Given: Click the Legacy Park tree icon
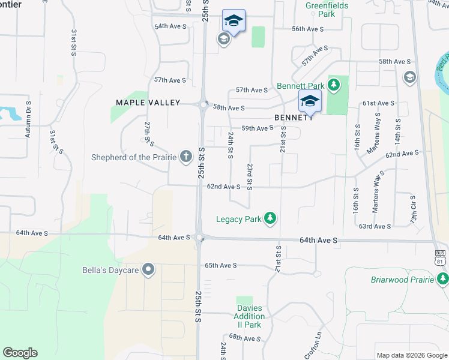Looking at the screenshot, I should click(x=270, y=218).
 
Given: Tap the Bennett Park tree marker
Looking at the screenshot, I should click(x=334, y=85).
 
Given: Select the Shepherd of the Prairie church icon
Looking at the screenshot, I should click(x=186, y=157).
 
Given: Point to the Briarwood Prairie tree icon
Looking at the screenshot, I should click(x=443, y=279).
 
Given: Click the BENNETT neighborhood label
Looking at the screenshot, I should click(x=294, y=118).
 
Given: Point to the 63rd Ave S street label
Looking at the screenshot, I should click(x=375, y=226).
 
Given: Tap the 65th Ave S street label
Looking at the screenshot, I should click(x=221, y=265).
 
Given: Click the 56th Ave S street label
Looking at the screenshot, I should click(x=308, y=29).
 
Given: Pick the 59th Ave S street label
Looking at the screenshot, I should click(x=258, y=128).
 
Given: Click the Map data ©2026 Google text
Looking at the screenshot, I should click(x=411, y=355).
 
